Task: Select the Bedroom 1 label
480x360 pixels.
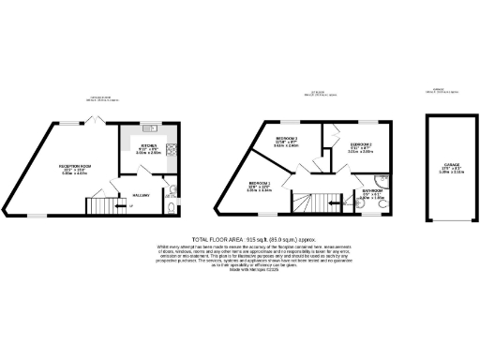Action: pyautogui.click(x=260, y=184)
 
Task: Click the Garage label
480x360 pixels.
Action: pyautogui.click(x=445, y=164)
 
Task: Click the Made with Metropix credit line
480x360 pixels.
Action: pyautogui.click(x=240, y=271)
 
